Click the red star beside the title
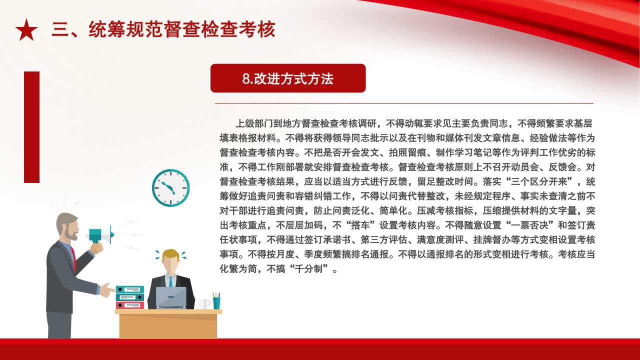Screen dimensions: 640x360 click(26, 30)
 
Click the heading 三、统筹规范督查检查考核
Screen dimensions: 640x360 click(163, 29)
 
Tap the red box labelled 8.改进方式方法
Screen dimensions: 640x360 click(288, 78)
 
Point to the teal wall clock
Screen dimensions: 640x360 click(171, 187)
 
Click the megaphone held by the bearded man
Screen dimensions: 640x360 click(100, 235)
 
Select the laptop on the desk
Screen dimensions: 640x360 click(171, 297)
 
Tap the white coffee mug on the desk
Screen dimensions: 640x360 click(204, 303)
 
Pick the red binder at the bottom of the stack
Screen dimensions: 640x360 click(130, 305)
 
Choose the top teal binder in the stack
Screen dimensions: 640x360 click(130, 289)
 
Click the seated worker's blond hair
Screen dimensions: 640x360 click(170, 254)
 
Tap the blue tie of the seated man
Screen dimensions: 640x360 click(170, 281)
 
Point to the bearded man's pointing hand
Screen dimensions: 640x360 click(107, 290)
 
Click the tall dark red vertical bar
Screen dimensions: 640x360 click(31, 127)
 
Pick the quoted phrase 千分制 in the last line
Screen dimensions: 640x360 click(308, 268)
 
